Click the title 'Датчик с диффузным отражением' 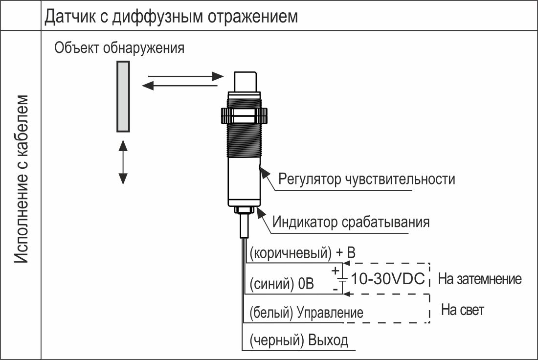tap(171, 16)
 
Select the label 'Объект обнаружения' tap(119, 48)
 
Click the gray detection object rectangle tap(123, 96)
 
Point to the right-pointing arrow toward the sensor tap(186, 76)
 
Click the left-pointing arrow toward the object tap(179, 85)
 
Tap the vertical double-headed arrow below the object tap(123, 162)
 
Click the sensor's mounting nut tap(244, 115)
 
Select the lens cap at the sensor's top tap(245, 82)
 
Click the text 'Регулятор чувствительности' tap(366, 179)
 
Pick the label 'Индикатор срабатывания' tap(351, 222)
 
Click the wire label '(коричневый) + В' tap(302, 253)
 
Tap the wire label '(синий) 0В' tap(281, 284)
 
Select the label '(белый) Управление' tap(306, 313)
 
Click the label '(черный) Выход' tap(298, 340)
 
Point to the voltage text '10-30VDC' tap(388, 279)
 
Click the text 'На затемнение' tap(480, 279)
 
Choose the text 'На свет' tap(463, 310)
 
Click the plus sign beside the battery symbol tap(335, 271)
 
